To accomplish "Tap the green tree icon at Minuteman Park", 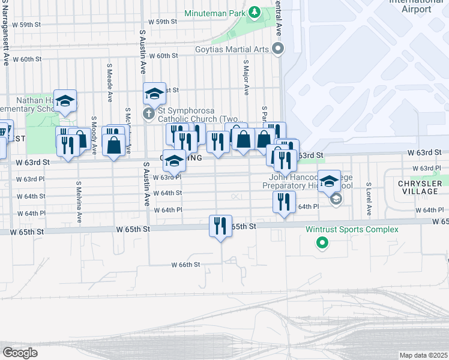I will [x=255, y=12].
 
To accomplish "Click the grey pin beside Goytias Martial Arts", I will [x=277, y=49].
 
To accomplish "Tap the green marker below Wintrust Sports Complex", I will [x=322, y=243].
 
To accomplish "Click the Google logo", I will [x=20, y=352].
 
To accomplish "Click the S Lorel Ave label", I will [x=369, y=199].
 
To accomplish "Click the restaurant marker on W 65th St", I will [x=220, y=226].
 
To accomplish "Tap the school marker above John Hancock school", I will [x=330, y=181].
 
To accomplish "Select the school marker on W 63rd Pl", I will [x=175, y=161].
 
